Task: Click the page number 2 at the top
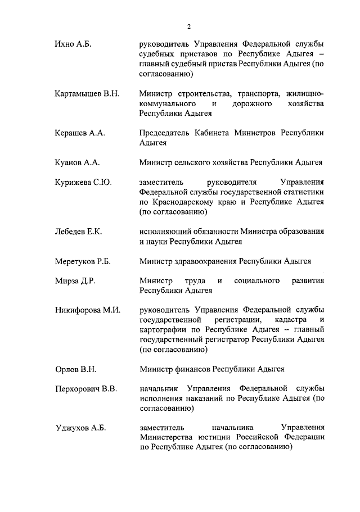click(190, 26)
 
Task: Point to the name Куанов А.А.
click(77, 163)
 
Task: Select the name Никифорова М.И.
click(88, 310)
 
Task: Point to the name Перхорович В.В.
click(86, 388)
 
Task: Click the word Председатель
click(166, 133)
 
